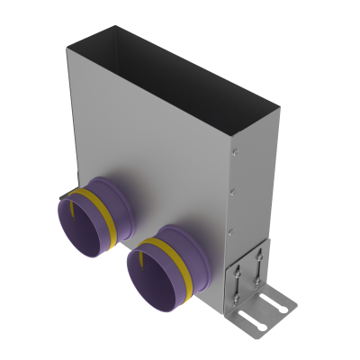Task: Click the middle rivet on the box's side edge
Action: point(234,190)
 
